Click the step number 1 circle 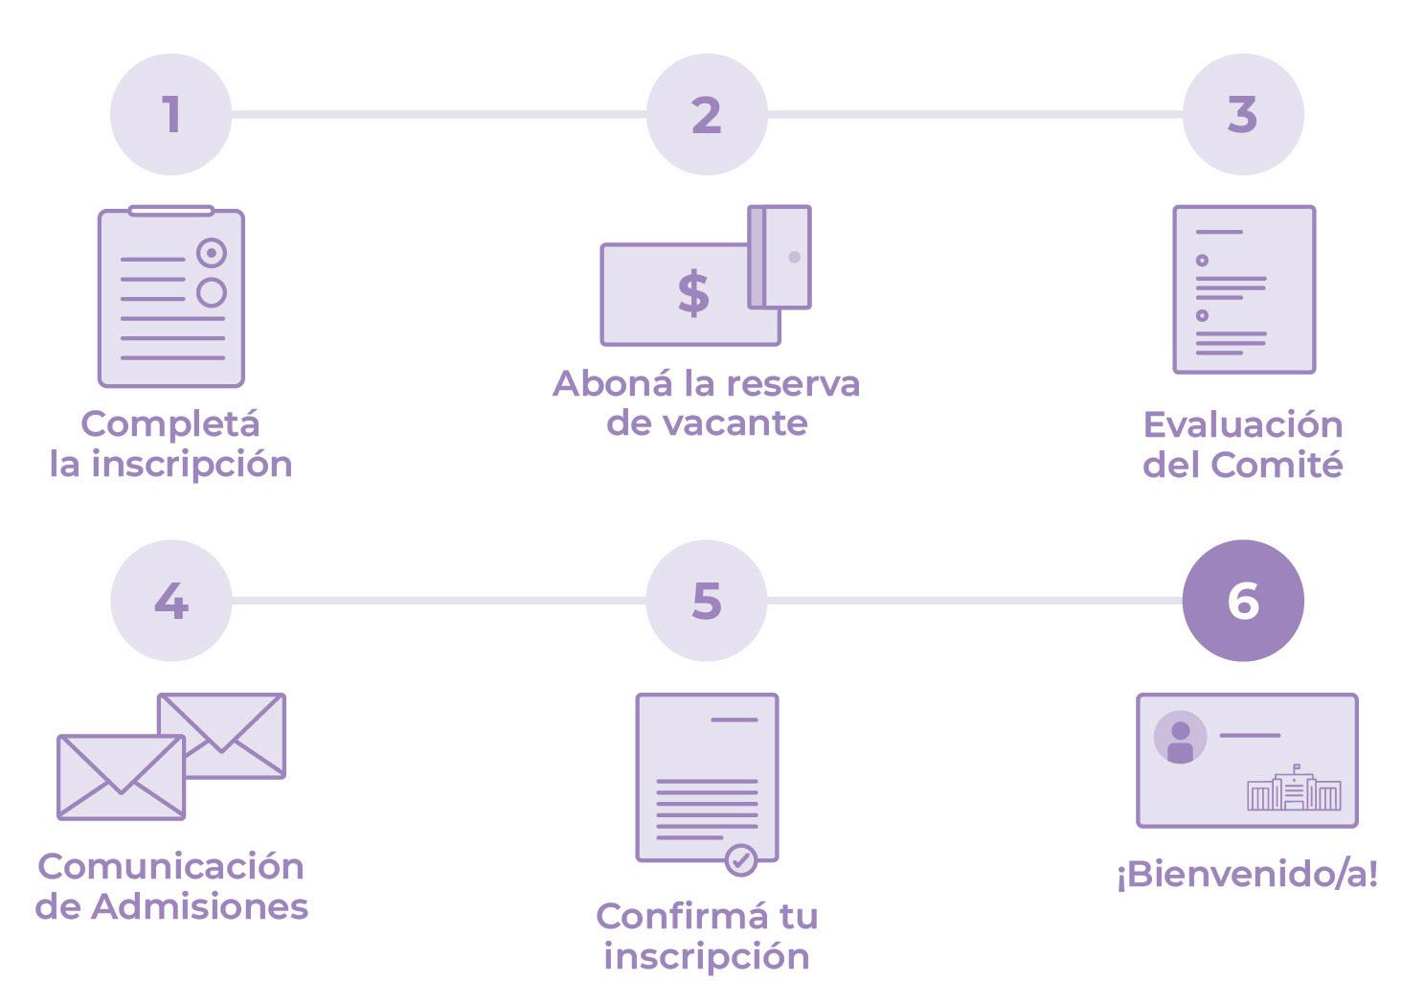(x=171, y=114)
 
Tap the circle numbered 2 (x=707, y=114)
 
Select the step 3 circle (x=1242, y=114)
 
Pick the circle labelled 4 (x=171, y=601)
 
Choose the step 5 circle (x=707, y=601)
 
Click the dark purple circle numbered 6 (x=1242, y=601)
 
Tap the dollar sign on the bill (x=693, y=292)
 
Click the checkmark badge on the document (x=740, y=859)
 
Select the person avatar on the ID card (x=1180, y=737)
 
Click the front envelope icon (x=121, y=777)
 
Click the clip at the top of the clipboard (x=171, y=210)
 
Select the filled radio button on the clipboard (x=212, y=253)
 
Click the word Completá (x=170, y=423)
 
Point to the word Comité (x=1277, y=465)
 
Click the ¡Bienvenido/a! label (x=1247, y=874)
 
